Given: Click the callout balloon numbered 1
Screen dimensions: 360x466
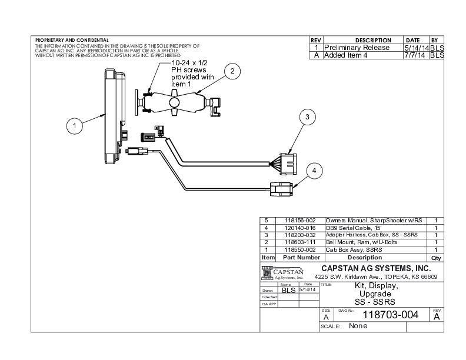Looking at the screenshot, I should pos(74,125).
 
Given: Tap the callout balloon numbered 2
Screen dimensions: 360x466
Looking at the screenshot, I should pos(232,71).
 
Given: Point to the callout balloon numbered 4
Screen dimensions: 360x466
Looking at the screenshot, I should pos(315,171).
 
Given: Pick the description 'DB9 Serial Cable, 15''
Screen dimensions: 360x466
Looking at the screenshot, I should pos(351,227).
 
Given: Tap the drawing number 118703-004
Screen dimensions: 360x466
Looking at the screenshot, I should pos(391,315).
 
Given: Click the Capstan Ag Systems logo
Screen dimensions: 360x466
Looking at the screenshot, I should pos(282,273).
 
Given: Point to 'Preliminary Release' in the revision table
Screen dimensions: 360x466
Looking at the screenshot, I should pos(357,48).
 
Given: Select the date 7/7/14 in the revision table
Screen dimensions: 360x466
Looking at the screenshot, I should pos(416,55).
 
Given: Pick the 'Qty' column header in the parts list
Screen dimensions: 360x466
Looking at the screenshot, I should pos(436,258).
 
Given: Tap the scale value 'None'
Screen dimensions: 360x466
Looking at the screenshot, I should pos(358,326).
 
